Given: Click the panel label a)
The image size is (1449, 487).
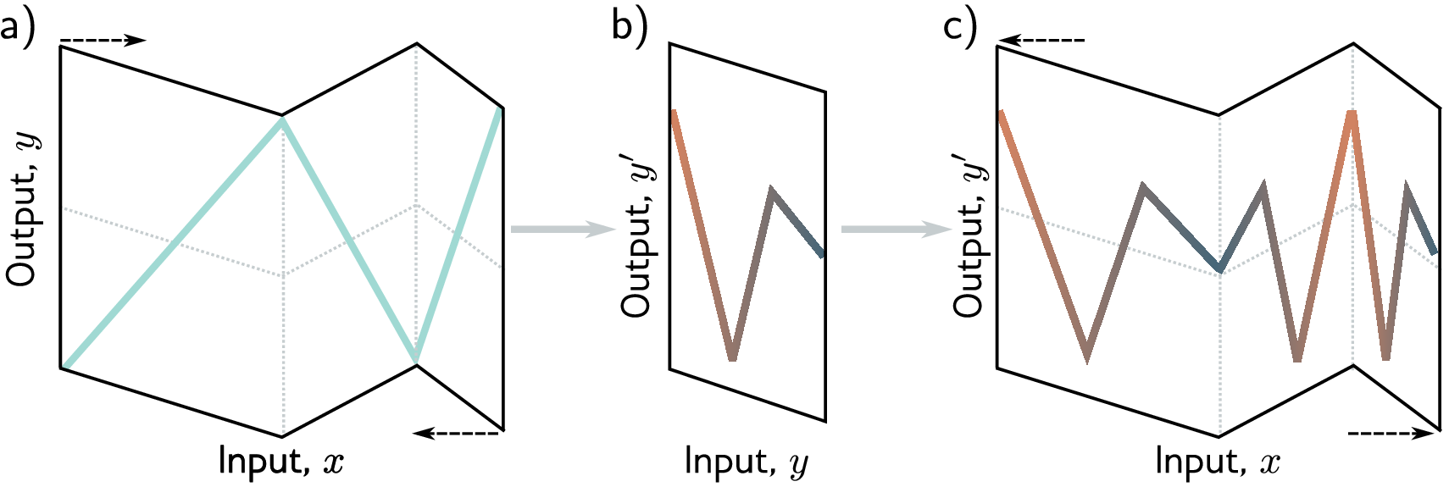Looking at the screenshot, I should point(17,27).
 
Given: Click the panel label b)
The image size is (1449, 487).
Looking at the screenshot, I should point(629,27).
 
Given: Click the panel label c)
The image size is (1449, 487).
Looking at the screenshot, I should point(960,27).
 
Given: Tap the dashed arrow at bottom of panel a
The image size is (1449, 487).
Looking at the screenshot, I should point(458,434).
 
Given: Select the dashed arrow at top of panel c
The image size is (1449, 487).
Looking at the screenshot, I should point(1041,40).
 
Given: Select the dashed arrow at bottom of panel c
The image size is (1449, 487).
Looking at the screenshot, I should point(1390,434).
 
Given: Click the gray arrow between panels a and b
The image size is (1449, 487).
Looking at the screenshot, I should point(562,230).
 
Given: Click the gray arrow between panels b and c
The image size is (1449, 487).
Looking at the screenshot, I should point(895,230).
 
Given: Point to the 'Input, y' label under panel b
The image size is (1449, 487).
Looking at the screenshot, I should point(746,462).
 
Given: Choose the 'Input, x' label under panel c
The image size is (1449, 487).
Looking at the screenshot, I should point(1218,462).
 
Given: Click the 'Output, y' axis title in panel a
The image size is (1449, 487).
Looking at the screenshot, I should point(23,208).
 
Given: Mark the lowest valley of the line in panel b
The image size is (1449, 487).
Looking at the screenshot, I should point(732,357).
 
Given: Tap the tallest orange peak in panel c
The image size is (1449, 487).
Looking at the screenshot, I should point(1352,114).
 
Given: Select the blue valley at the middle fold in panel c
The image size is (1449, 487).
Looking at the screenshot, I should point(1219,268).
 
